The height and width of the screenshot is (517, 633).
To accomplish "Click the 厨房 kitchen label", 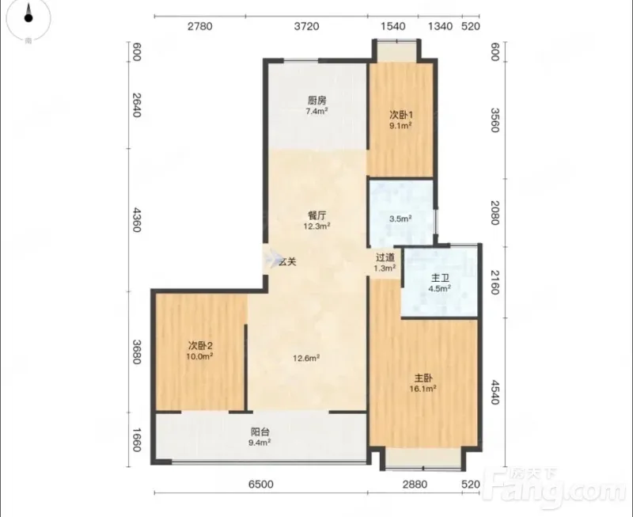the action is [317, 101].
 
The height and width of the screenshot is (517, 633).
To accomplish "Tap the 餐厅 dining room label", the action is [317, 215].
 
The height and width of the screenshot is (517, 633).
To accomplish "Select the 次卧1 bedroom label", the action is [401, 115].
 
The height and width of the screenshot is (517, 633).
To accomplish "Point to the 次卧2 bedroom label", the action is [200, 346].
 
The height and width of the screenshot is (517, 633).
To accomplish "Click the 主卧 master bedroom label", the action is [423, 378].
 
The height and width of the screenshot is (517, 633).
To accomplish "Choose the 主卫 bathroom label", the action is [440, 278].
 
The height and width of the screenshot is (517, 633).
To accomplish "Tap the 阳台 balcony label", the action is [260, 431].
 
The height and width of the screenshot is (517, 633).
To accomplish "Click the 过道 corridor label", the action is [385, 257].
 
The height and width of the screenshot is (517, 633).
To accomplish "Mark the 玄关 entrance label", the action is [287, 262].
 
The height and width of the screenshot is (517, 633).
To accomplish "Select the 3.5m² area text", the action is [400, 219].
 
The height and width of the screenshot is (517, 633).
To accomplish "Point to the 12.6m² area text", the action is [306, 358].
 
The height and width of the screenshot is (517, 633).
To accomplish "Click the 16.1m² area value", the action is [423, 389].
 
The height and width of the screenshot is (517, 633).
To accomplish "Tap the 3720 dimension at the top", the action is [306, 26].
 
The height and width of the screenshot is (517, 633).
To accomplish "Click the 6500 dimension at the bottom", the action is [261, 484].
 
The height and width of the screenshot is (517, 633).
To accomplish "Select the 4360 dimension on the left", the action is [136, 220].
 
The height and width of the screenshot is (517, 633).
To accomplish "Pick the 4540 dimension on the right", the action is [495, 392].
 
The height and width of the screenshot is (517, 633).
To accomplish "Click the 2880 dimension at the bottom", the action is [415, 484].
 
